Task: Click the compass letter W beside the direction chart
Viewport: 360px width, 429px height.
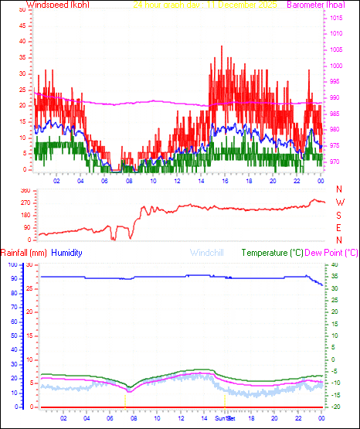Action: pyautogui.click(x=339, y=203)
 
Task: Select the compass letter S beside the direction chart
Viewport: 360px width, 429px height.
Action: pyautogui.click(x=339, y=215)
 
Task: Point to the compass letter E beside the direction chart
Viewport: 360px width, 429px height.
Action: pyautogui.click(x=339, y=228)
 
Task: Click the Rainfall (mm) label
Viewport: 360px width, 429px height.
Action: pyautogui.click(x=24, y=253)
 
